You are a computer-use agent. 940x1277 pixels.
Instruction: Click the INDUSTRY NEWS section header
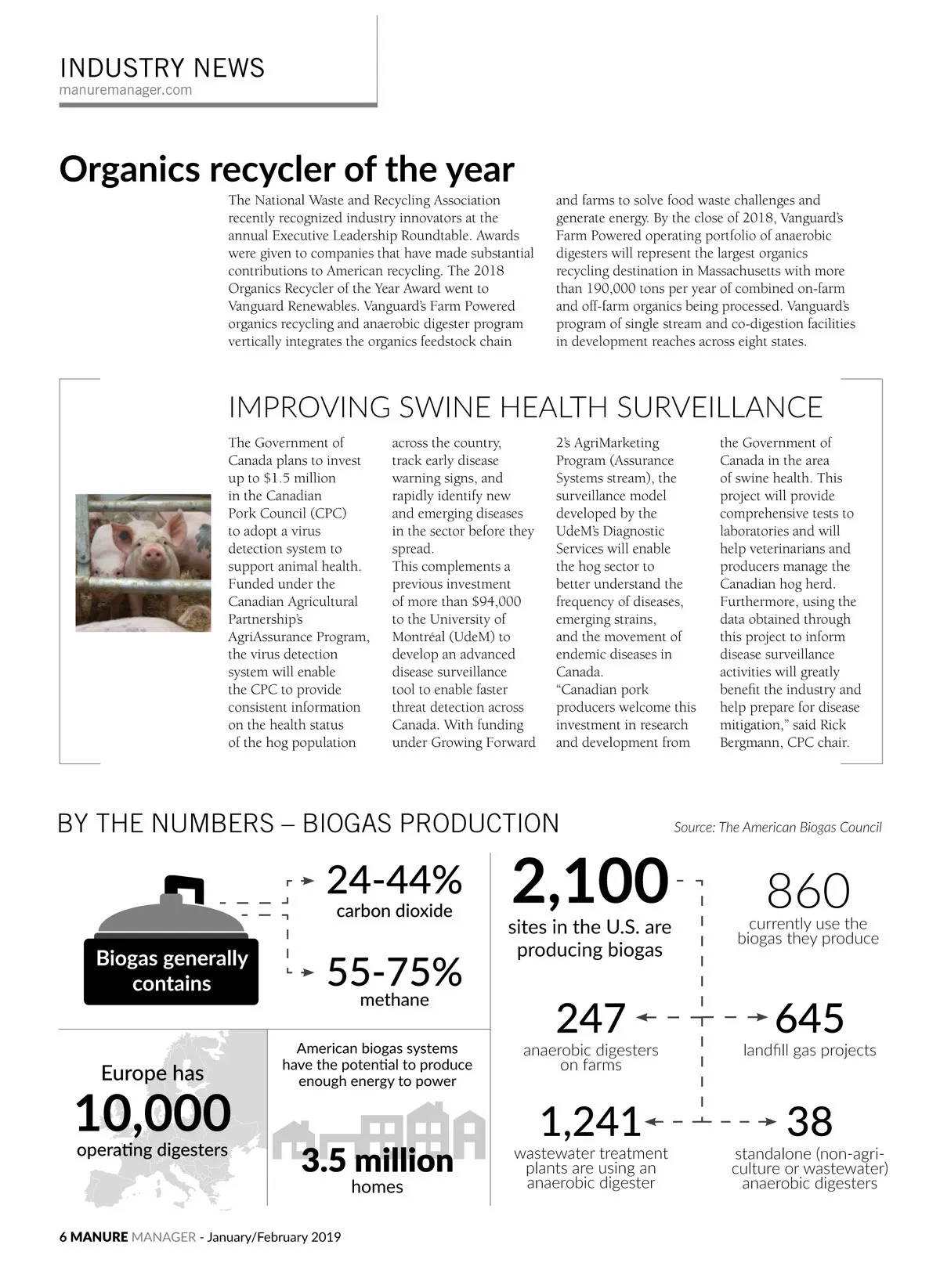click(x=162, y=68)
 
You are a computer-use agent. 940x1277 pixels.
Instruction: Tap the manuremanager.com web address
click(x=125, y=90)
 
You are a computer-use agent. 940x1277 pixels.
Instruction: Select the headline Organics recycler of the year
click(x=287, y=169)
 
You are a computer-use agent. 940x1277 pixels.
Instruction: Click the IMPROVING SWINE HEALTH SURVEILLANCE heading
click(x=525, y=407)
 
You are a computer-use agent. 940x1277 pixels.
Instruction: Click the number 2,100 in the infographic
click(x=590, y=882)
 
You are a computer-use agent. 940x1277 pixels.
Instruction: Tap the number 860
click(x=808, y=890)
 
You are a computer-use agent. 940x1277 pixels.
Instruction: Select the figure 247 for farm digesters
click(x=591, y=1018)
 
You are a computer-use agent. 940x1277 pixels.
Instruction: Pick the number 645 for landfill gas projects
click(x=809, y=1018)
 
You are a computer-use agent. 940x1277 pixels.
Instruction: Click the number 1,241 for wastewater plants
click(x=591, y=1121)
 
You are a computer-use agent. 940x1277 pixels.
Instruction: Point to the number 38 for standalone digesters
click(x=809, y=1121)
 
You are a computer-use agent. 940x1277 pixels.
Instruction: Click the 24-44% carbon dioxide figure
click(x=394, y=881)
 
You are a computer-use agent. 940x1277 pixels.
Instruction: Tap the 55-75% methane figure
click(x=394, y=972)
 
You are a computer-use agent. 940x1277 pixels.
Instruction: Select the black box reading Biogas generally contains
click(x=171, y=971)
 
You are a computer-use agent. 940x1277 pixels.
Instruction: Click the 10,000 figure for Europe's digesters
click(x=153, y=1113)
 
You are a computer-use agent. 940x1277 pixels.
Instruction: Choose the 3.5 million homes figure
click(x=377, y=1160)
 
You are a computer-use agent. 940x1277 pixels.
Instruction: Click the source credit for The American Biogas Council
click(x=777, y=827)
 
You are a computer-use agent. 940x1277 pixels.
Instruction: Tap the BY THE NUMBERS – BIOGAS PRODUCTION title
click(x=309, y=824)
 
